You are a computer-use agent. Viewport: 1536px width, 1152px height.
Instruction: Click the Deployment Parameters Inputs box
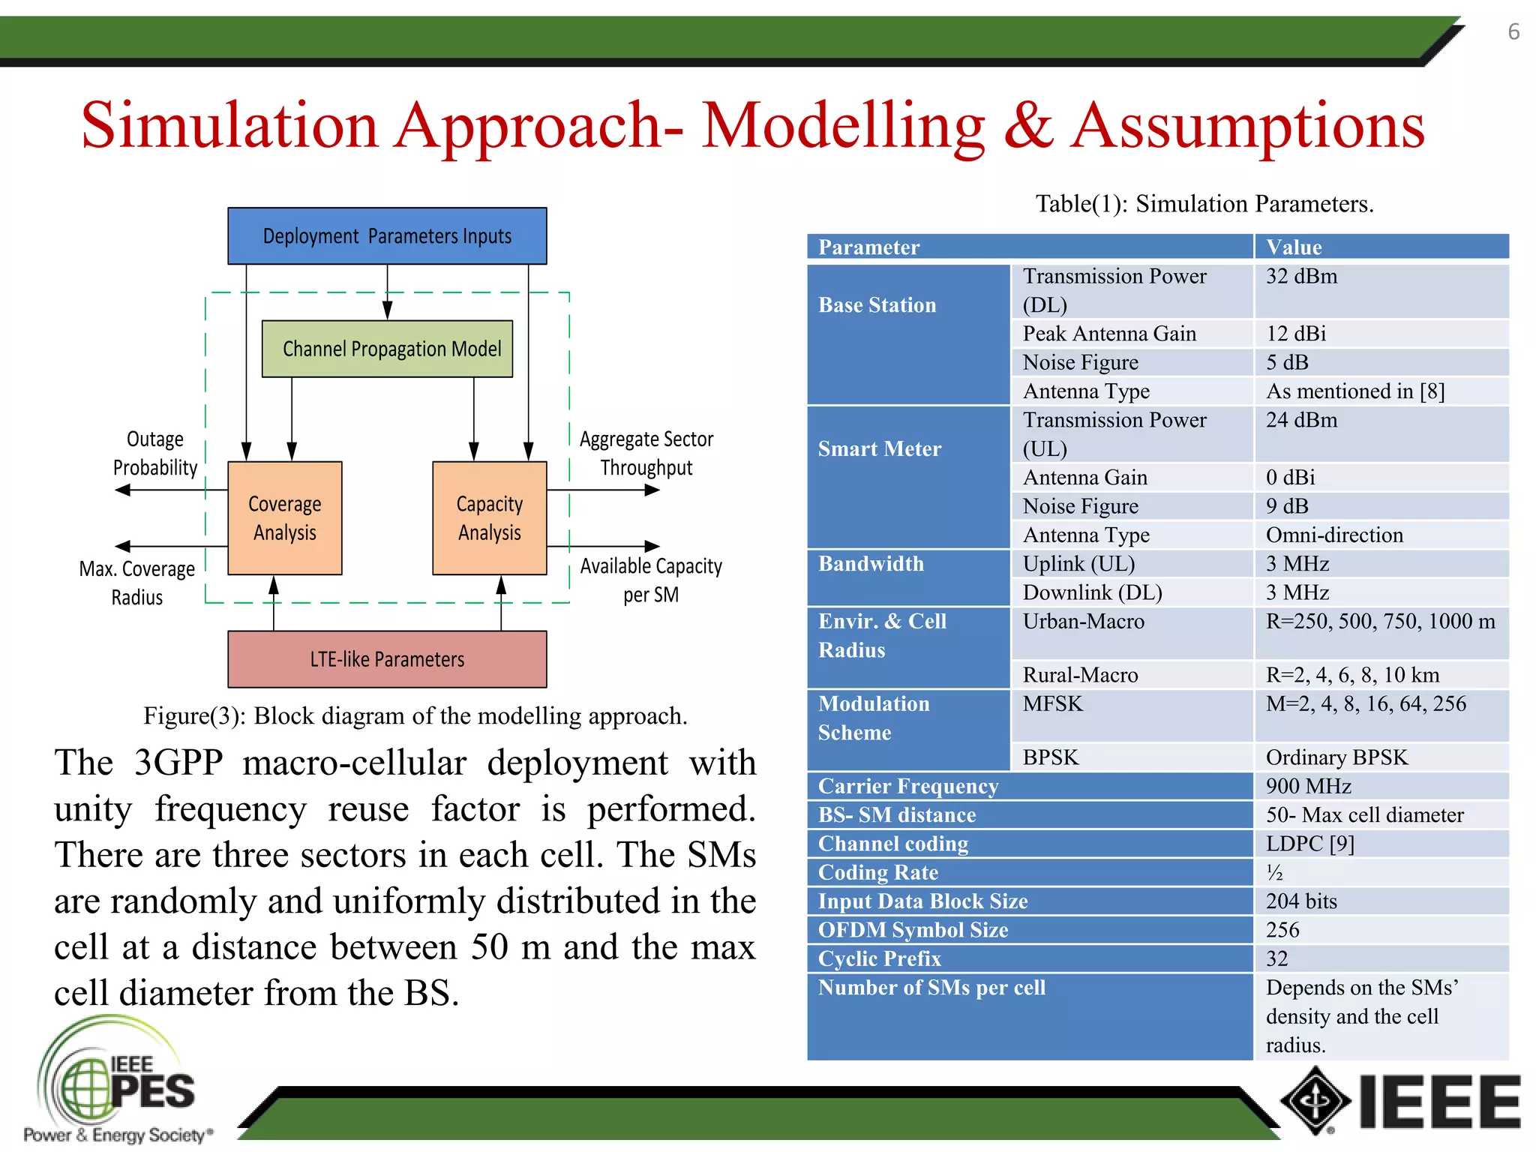pyautogui.click(x=387, y=236)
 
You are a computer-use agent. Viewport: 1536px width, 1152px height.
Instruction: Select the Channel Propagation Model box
pyautogui.click(x=387, y=349)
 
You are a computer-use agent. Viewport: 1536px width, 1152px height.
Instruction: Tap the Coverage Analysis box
pyautogui.click(x=284, y=518)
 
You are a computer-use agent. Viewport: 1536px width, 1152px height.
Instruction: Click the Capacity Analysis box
pyautogui.click(x=489, y=518)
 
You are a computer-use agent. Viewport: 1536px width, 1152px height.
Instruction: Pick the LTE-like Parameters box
pyautogui.click(x=387, y=659)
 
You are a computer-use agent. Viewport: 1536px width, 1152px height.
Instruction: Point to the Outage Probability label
pyautogui.click(x=154, y=453)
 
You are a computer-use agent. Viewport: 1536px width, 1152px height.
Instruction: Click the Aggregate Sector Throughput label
pyautogui.click(x=646, y=453)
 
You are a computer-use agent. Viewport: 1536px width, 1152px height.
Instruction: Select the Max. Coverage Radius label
pyautogui.click(x=137, y=583)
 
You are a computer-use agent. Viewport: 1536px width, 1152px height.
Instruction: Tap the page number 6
pyautogui.click(x=1513, y=32)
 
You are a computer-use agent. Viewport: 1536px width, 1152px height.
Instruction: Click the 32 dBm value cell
pyautogui.click(x=1302, y=277)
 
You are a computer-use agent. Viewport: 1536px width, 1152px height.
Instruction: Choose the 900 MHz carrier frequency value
pyautogui.click(x=1308, y=786)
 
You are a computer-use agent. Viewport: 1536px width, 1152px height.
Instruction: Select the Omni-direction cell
pyautogui.click(x=1334, y=535)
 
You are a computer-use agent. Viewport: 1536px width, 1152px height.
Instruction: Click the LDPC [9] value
pyautogui.click(x=1309, y=844)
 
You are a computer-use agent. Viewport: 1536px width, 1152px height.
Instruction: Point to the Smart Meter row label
pyautogui.click(x=879, y=448)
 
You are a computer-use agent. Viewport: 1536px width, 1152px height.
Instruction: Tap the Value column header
pyautogui.click(x=1294, y=247)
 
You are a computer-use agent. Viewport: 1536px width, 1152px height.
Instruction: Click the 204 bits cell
pyautogui.click(x=1301, y=901)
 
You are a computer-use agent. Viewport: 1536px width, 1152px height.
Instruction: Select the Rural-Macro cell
pyautogui.click(x=1080, y=675)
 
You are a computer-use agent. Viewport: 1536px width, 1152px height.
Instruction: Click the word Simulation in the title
pyautogui.click(x=229, y=126)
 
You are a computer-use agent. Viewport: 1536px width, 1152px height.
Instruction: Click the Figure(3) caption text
pyautogui.click(x=415, y=716)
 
